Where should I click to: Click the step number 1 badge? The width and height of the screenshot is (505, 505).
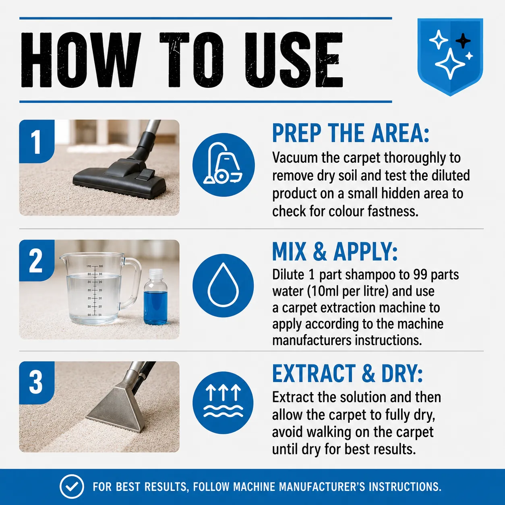click(37, 141)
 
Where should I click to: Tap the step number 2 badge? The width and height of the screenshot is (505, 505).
click(37, 261)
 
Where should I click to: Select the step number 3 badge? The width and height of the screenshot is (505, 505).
click(37, 383)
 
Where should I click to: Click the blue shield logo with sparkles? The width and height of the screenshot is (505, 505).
click(450, 57)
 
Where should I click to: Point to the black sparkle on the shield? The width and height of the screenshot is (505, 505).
click(463, 41)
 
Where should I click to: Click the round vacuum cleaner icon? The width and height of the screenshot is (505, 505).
click(223, 165)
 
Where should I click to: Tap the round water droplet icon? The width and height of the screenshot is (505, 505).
click(223, 285)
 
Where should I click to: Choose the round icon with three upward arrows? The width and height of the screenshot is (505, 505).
click(223, 403)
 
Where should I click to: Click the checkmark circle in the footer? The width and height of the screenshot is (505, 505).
click(72, 486)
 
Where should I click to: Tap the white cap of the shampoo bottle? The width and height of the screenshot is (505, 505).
click(155, 274)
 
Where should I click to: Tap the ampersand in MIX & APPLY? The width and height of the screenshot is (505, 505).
click(320, 252)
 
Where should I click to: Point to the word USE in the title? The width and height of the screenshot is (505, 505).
click(294, 60)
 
